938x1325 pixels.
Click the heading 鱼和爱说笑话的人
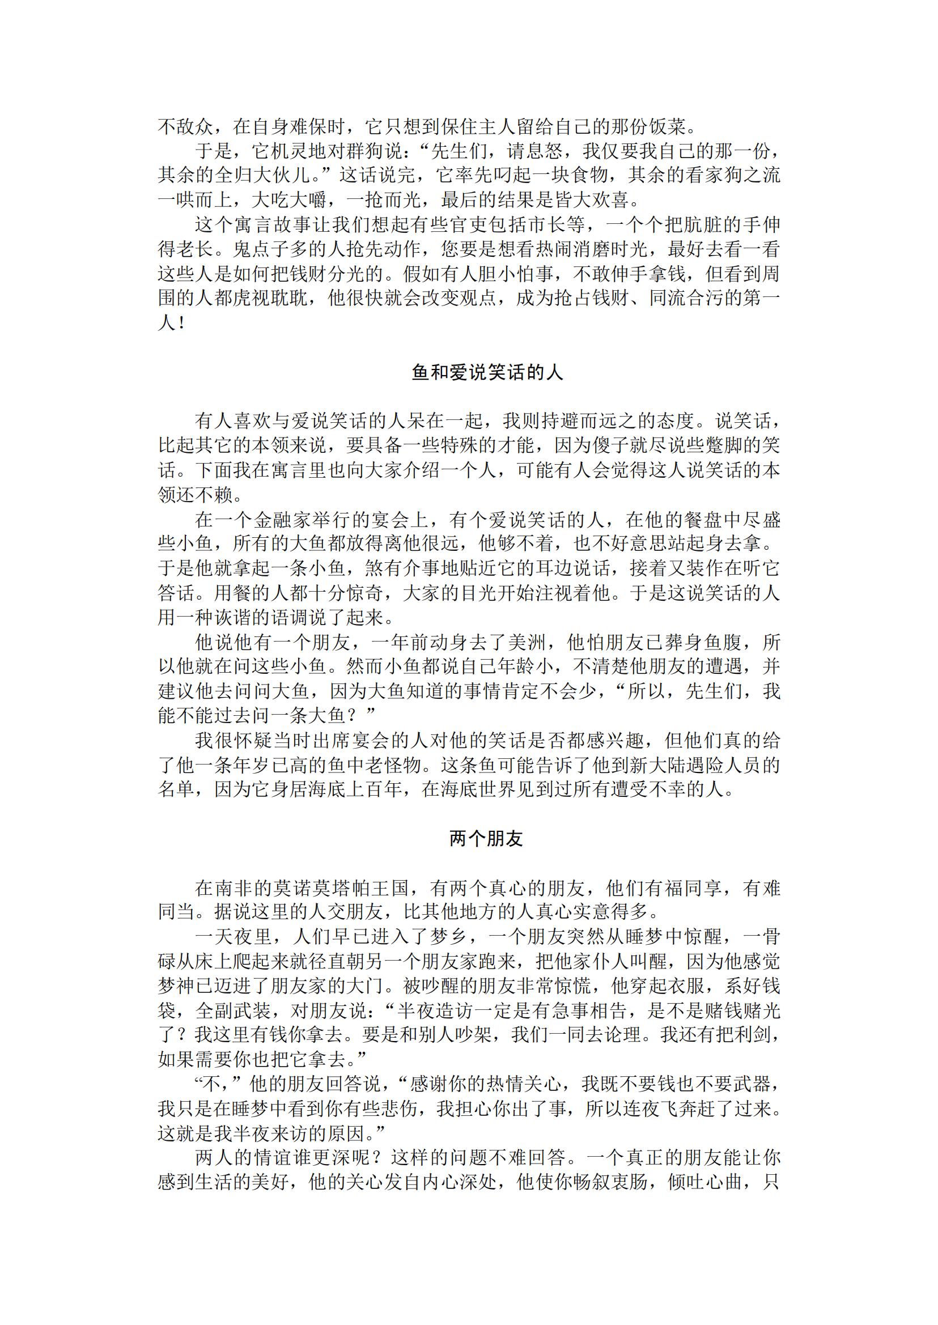click(487, 372)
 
